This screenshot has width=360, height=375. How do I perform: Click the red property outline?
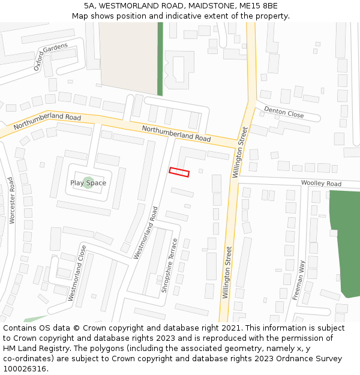tap(179, 172)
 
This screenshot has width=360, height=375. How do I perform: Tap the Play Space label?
tap(88, 183)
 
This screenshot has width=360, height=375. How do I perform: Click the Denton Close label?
tap(284, 112)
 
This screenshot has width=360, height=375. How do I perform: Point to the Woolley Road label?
tap(321, 184)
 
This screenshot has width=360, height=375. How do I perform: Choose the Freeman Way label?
tap(299, 280)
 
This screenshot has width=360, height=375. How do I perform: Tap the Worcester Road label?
tap(11, 200)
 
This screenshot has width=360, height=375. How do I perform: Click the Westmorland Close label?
tap(77, 273)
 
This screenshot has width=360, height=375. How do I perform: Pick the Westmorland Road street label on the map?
tap(146, 233)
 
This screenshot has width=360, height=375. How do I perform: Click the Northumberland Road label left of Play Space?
tap(47, 122)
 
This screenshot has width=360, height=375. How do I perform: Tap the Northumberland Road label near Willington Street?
tap(176, 133)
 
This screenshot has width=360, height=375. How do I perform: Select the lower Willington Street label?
tap(227, 272)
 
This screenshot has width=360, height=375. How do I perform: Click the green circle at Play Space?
tap(88, 182)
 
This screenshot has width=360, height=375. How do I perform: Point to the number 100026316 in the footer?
tap(25, 368)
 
